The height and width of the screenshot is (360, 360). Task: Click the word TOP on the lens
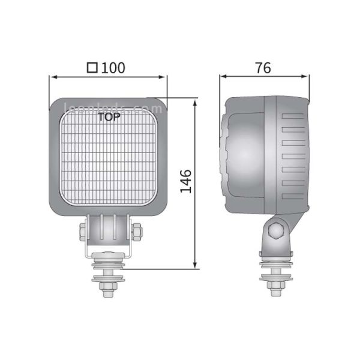[x=108, y=118]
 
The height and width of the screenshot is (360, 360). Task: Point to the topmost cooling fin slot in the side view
[x=295, y=114]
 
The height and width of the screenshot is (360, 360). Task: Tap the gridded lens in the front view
[x=108, y=162]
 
